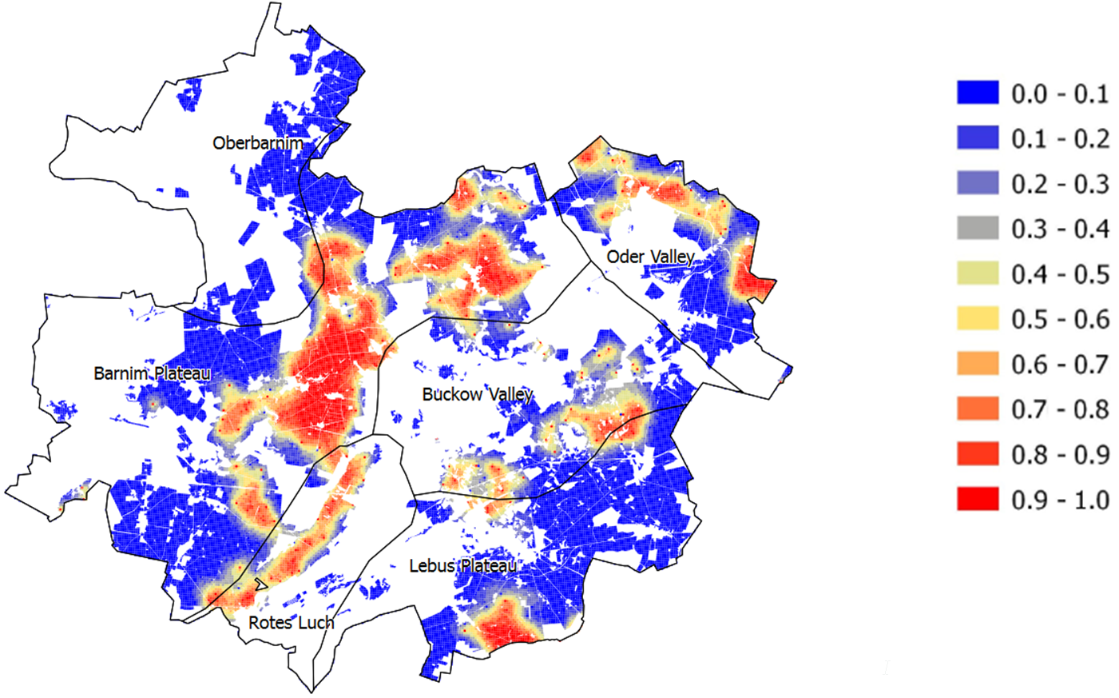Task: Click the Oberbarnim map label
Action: click(x=257, y=143)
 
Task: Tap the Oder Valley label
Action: click(x=650, y=257)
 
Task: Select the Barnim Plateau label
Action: click(x=152, y=373)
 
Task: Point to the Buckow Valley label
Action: click(x=477, y=394)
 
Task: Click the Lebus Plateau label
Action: click(x=462, y=566)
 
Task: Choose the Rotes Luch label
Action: click(x=291, y=622)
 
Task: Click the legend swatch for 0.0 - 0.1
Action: click(x=978, y=93)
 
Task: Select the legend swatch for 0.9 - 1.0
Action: click(x=978, y=500)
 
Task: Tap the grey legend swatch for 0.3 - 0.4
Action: click(x=978, y=229)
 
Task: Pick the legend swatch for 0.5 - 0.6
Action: click(x=978, y=319)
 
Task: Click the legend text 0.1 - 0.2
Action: click(x=1060, y=139)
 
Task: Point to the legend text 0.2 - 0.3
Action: click(x=1060, y=184)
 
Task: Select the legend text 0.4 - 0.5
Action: click(x=1060, y=274)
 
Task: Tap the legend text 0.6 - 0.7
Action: click(x=1060, y=365)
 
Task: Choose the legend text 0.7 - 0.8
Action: click(x=1060, y=409)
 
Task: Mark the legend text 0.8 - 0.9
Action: click(x=1060, y=455)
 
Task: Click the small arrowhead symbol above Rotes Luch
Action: click(x=260, y=584)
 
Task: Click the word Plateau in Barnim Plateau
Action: click(x=182, y=373)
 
